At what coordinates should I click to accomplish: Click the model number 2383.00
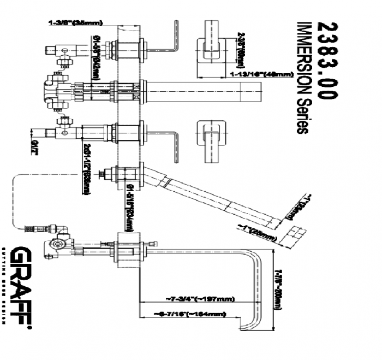click(x=326, y=60)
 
